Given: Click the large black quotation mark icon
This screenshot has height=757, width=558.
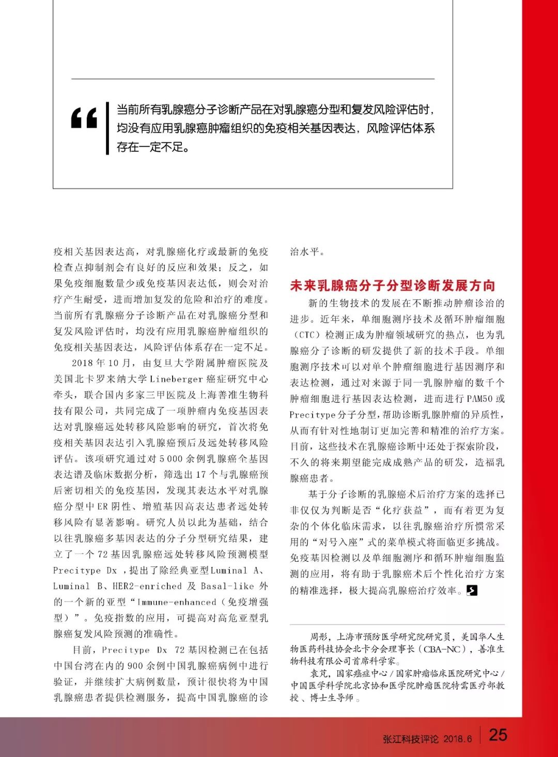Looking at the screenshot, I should [x=84, y=118].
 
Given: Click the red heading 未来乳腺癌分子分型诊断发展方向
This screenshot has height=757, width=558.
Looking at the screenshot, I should [x=393, y=286].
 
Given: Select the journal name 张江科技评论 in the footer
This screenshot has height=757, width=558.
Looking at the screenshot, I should [x=411, y=739].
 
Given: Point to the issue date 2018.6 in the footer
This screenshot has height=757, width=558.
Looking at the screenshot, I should [x=457, y=739].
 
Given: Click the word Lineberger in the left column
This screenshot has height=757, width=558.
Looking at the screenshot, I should [x=176, y=379].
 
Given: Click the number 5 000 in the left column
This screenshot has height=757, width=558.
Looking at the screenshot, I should [x=168, y=459].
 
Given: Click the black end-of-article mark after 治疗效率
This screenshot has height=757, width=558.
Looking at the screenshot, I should [x=471, y=590].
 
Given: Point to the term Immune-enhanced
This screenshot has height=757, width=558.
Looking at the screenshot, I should [x=176, y=602].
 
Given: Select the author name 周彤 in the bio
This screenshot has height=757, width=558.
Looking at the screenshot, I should [x=318, y=637].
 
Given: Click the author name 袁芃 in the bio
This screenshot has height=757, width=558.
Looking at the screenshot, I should [x=318, y=673].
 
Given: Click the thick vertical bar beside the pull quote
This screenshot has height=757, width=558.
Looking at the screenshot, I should [x=107, y=128].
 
